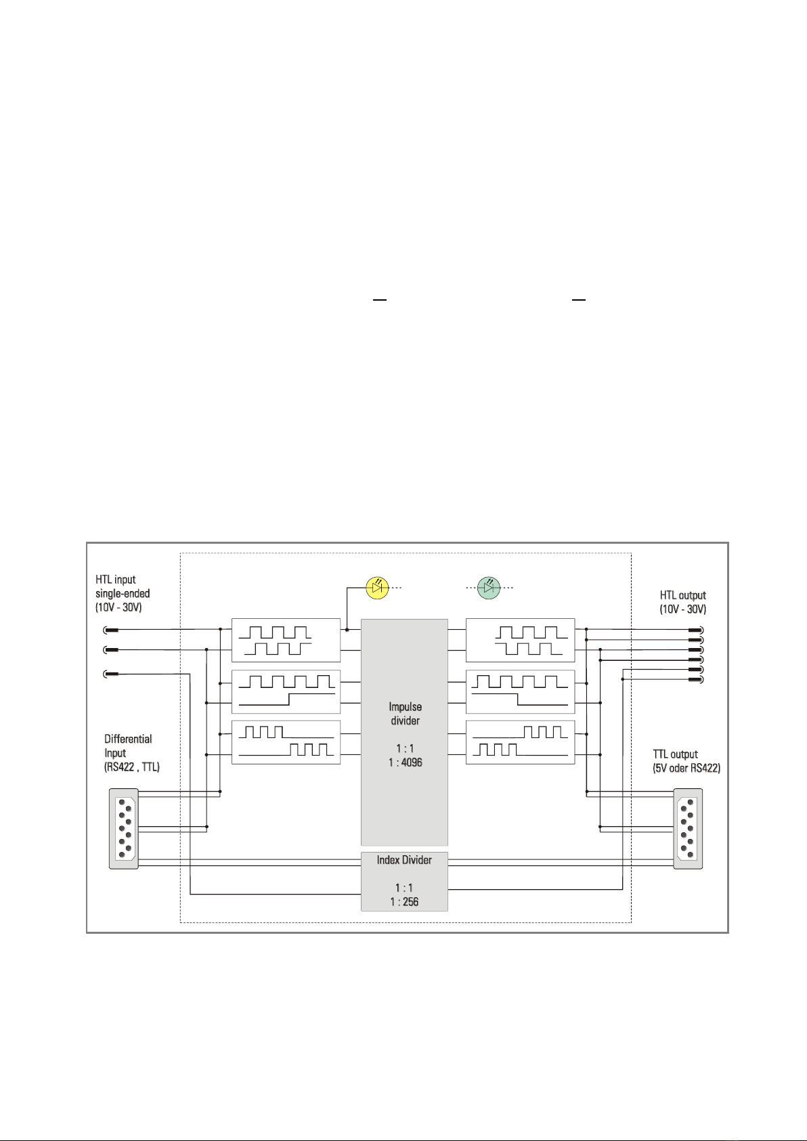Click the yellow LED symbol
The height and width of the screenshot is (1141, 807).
[x=377, y=588]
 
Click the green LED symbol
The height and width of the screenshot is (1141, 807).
[x=489, y=588]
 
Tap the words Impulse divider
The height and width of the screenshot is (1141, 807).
[x=406, y=714]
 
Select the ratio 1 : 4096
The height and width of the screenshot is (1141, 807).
[x=406, y=762]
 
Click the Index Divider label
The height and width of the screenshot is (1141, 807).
[x=404, y=860]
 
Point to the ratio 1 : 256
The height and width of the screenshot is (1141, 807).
[x=404, y=901]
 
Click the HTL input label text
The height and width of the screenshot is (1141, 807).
[x=116, y=580]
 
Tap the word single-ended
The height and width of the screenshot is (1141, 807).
[x=123, y=593]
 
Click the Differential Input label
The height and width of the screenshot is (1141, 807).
[x=128, y=746]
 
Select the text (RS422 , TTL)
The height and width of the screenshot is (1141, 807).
[x=132, y=767]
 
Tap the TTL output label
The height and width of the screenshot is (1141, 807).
[x=675, y=754]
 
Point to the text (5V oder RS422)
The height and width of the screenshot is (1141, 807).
[x=686, y=768]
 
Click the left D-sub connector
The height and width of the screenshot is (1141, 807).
[x=124, y=829]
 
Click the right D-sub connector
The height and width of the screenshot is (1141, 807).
[x=688, y=829]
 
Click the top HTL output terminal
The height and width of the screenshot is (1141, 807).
[x=696, y=630]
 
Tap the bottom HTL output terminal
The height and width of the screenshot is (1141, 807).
[x=696, y=679]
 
